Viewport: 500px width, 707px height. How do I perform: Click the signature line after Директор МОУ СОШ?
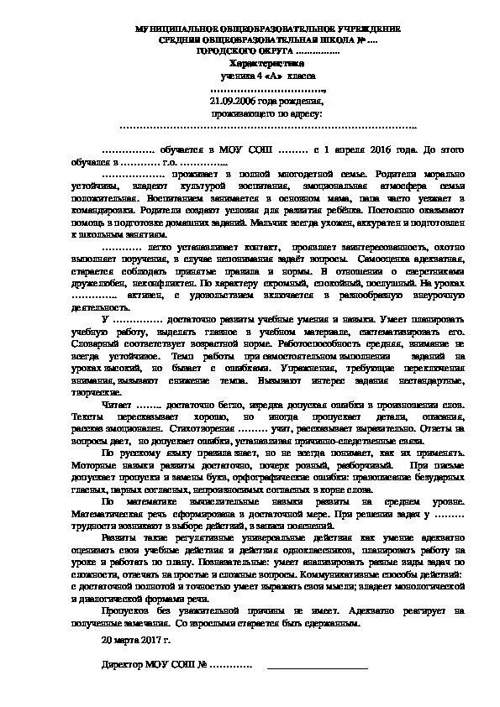[317, 668]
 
